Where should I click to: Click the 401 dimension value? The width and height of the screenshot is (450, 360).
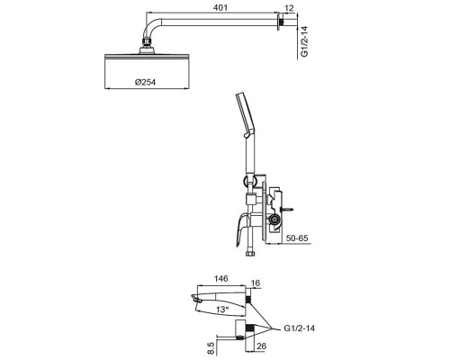220,7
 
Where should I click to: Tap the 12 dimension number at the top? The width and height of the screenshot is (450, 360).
289,8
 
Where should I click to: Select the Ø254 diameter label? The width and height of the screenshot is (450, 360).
145,82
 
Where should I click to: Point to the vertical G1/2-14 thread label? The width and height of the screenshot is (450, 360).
304,41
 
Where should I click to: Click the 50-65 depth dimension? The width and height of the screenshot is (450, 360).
297,238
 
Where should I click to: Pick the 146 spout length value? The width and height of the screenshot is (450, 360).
220,279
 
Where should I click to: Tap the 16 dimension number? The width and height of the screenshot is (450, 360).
256,283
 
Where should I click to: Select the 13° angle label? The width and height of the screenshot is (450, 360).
222,310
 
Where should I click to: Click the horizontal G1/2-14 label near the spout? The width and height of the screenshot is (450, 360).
300,328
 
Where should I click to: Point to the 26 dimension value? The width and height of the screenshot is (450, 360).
261,346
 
